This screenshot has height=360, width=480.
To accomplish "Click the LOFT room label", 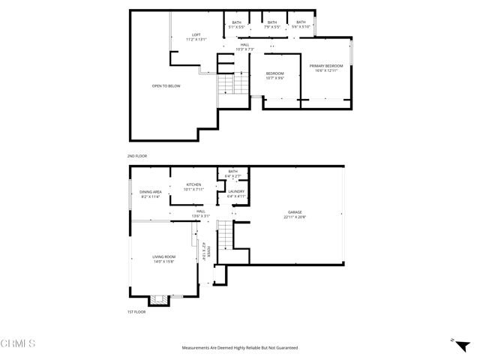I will [x=196, y=36].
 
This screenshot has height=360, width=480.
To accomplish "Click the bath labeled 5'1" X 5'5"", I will [x=236, y=25].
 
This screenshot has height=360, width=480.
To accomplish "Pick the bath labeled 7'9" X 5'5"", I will [x=271, y=25].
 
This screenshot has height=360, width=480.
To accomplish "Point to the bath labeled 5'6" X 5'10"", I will [x=301, y=25].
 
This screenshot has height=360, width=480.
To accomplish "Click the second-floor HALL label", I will [x=244, y=47].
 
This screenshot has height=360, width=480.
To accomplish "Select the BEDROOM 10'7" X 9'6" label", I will [x=274, y=76].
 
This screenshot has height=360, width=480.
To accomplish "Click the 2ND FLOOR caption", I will [x=137, y=155].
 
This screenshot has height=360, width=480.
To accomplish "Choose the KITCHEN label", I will [x=193, y=187].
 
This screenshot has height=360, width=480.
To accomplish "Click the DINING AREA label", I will [x=151, y=195].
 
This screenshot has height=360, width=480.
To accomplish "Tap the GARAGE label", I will [x=295, y=214].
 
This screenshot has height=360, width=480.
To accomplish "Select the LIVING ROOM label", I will [x=163, y=259].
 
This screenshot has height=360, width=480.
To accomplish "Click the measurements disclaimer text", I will [x=239, y=348].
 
